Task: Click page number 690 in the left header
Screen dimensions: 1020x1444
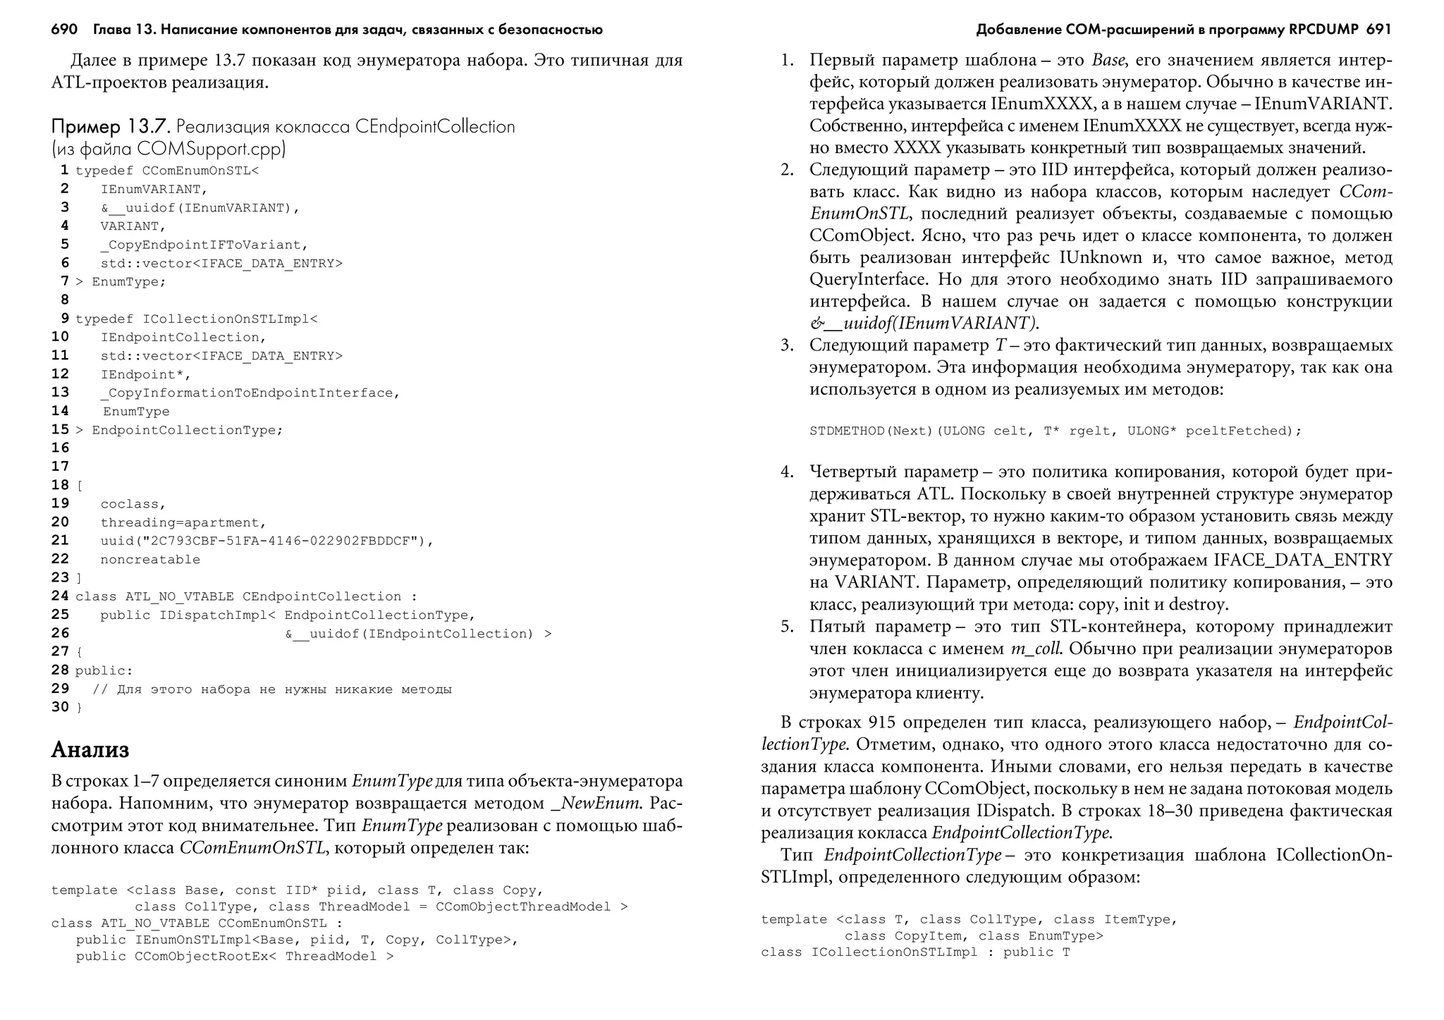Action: [64, 30]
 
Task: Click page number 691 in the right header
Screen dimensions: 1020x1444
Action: [1378, 30]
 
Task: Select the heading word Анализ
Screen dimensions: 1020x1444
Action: [90, 749]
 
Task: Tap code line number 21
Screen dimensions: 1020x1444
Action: [61, 541]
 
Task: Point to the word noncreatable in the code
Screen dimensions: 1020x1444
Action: [150, 560]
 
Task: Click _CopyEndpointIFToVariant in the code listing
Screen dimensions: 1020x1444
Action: [204, 245]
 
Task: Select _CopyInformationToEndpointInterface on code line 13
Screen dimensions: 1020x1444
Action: [250, 393]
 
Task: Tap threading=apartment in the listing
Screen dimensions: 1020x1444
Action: [183, 522]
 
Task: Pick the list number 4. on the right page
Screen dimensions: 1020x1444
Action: [787, 472]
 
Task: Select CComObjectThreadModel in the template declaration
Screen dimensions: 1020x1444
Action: [523, 907]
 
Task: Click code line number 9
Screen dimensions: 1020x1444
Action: [64, 319]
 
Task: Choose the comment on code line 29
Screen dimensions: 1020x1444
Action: [272, 689]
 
